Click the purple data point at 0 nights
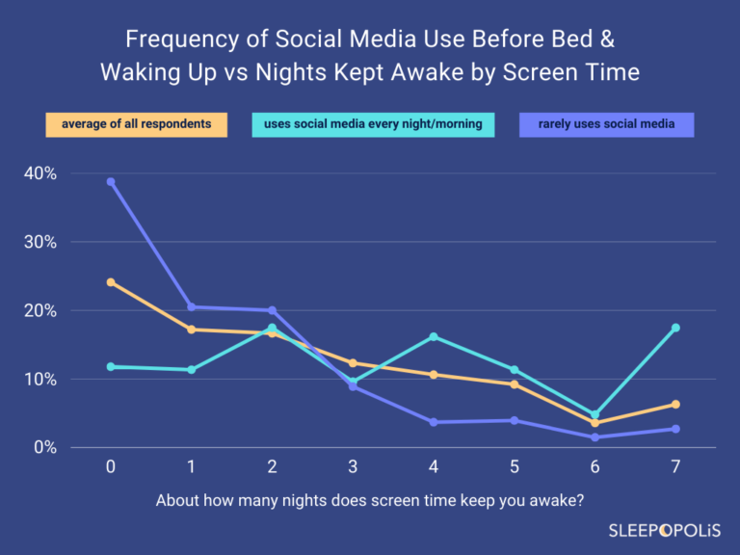point(111,181)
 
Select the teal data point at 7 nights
point(675,328)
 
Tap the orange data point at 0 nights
point(111,282)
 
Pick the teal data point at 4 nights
point(434,336)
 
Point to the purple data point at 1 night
point(192,307)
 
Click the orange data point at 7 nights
point(675,404)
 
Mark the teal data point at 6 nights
point(595,414)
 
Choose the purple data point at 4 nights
point(434,422)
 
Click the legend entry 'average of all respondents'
point(136,124)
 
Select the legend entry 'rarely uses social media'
point(606,124)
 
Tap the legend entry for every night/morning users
point(373,124)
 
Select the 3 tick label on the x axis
point(353,466)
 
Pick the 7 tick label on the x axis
point(675,466)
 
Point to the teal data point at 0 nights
point(111,366)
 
